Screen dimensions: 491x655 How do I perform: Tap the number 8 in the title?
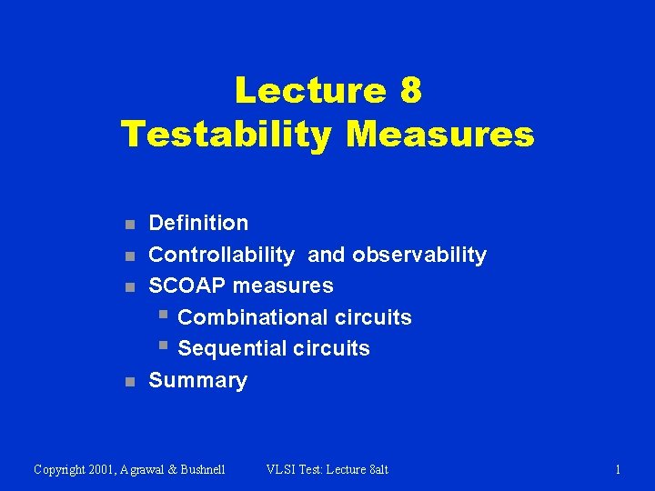click(409, 90)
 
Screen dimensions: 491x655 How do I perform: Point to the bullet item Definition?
click(198, 223)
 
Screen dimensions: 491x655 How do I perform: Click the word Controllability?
click(221, 255)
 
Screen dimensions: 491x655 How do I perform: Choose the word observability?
click(419, 255)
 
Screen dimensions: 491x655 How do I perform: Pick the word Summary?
click(197, 380)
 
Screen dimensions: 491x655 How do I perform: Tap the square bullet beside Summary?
click(130, 382)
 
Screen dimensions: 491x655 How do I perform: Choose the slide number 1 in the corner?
click(618, 469)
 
